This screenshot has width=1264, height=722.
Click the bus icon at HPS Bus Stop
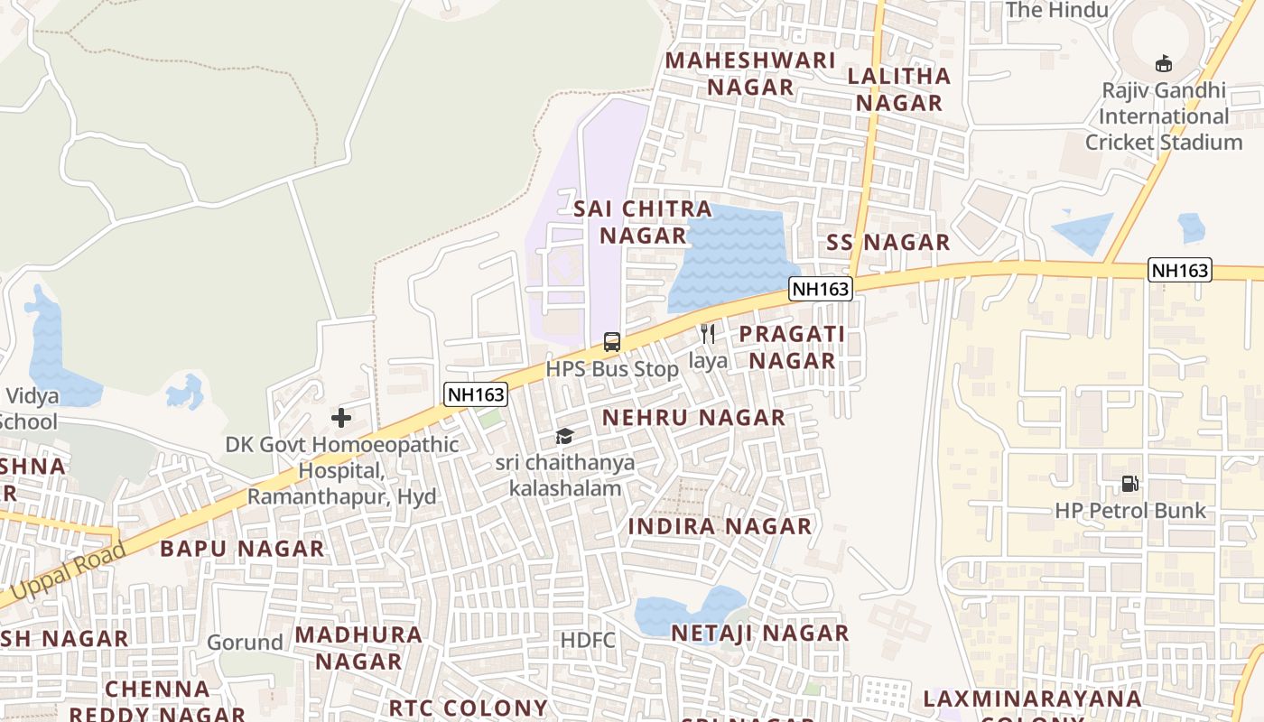pyautogui.click(x=611, y=342)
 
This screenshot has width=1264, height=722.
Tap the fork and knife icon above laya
pyautogui.click(x=708, y=334)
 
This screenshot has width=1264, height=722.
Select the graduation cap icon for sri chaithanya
pyautogui.click(x=564, y=437)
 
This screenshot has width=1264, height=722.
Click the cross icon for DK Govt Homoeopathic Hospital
pyautogui.click(x=341, y=417)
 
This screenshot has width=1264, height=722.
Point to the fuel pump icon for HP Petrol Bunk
pyautogui.click(x=1129, y=484)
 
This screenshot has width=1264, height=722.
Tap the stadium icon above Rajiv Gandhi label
pyautogui.click(x=1164, y=63)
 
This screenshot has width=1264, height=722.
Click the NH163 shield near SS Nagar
pyautogui.click(x=820, y=289)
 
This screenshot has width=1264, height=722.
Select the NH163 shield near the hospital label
pyautogui.click(x=476, y=393)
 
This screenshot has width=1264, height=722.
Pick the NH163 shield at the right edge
pyautogui.click(x=1179, y=269)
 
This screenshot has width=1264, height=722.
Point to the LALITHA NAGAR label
pyautogui.click(x=899, y=89)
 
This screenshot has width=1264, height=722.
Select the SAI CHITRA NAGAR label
pyautogui.click(x=630, y=222)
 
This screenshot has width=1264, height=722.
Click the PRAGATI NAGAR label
pyautogui.click(x=792, y=347)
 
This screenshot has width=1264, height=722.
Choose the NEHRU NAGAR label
pyautogui.click(x=693, y=418)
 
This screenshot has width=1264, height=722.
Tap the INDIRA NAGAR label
pyautogui.click(x=720, y=526)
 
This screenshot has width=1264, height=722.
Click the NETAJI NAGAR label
pyautogui.click(x=759, y=634)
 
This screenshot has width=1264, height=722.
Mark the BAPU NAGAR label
pyautogui.click(x=242, y=549)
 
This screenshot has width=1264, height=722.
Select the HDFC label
pyautogui.click(x=588, y=641)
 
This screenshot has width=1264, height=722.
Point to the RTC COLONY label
pyautogui.click(x=468, y=708)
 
